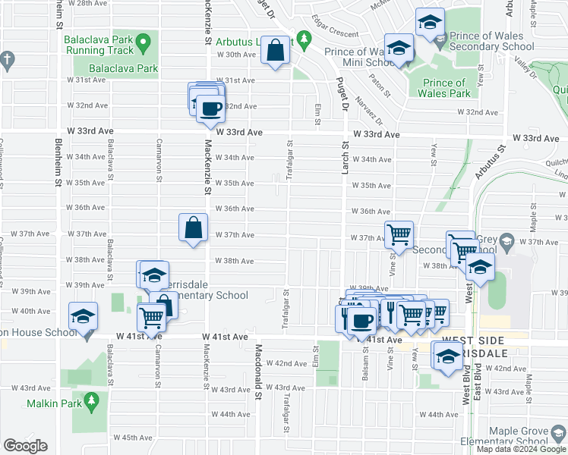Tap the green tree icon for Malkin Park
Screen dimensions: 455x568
(92, 399)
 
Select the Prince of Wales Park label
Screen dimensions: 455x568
(440, 88)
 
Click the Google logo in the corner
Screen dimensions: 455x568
(25, 446)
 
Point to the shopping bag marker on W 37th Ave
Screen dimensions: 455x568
(194, 227)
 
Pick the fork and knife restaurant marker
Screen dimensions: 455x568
(391, 311)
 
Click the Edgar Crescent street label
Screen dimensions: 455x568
(335, 33)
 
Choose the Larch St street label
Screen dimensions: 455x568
(344, 159)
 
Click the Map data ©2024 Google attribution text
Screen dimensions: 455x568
(521, 449)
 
